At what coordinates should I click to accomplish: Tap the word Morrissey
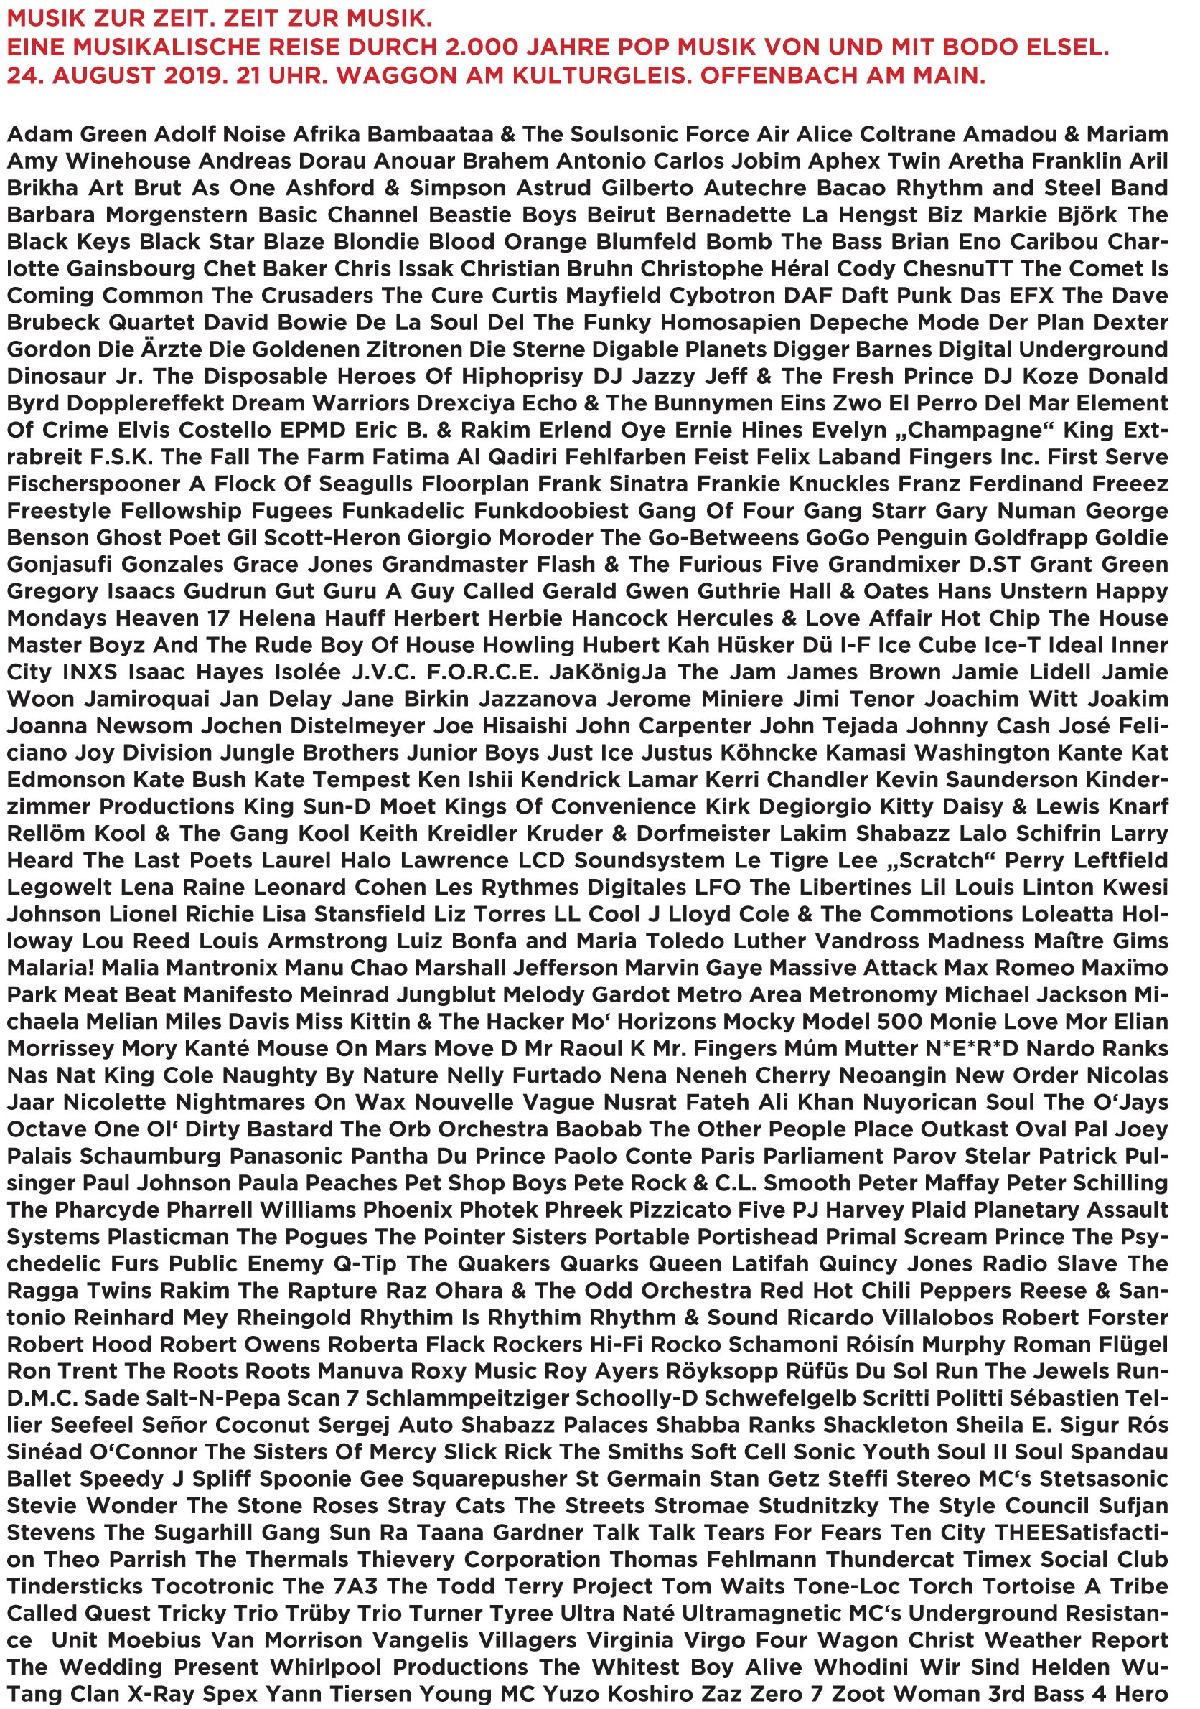tap(60, 1048)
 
